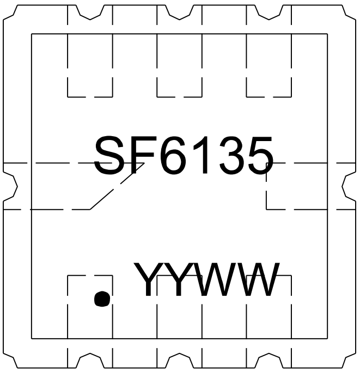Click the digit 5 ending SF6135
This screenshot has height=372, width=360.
point(260,155)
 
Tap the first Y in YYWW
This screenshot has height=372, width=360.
point(148,279)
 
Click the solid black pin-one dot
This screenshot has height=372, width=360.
point(102,298)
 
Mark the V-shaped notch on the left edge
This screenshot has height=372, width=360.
point(11,187)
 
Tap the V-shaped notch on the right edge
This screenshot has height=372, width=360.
point(349,187)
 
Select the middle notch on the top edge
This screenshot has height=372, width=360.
point(179,13)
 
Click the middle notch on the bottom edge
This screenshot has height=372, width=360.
point(179,360)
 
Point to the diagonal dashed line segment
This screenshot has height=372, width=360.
point(117,186)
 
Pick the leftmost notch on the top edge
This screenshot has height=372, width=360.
point(90,13)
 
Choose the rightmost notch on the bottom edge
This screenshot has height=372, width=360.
point(269,360)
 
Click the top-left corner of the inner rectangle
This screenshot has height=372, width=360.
point(32,34)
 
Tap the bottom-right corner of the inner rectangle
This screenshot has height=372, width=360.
point(327,339)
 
